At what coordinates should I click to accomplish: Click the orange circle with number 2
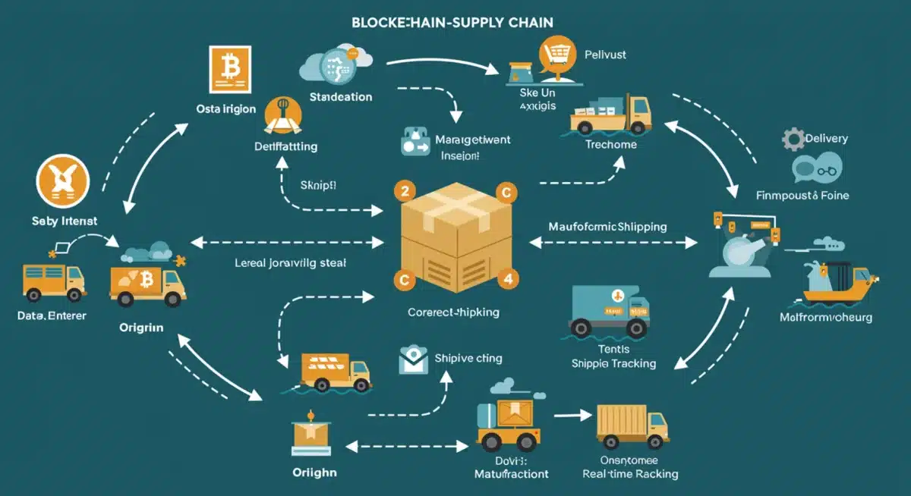(403, 191)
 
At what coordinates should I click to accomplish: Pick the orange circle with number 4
(507, 278)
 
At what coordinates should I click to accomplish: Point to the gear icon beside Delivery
(793, 139)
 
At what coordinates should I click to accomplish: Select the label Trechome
(611, 144)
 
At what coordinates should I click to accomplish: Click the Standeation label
(341, 97)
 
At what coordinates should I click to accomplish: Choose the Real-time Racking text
(629, 474)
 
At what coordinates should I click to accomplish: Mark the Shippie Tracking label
(613, 363)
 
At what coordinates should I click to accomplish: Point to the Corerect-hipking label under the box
(453, 312)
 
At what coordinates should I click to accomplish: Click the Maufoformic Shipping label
(607, 227)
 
